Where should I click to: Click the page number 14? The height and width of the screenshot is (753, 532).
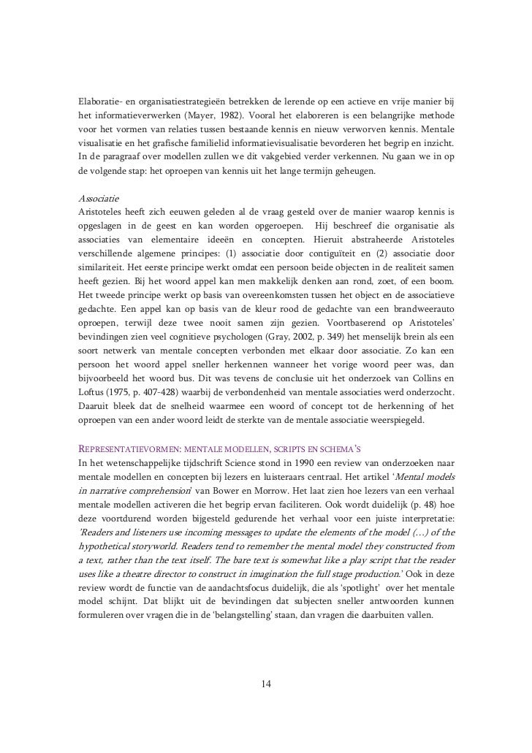(x=266, y=684)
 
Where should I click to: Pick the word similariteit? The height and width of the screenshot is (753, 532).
(x=103, y=269)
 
